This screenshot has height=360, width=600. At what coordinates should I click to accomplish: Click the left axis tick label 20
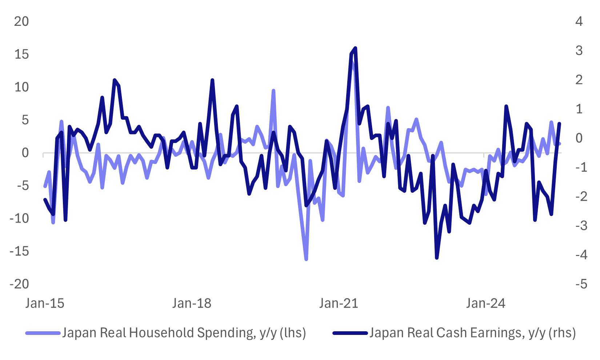click(x=21, y=21)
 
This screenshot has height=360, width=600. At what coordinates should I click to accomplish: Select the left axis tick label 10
click(x=21, y=87)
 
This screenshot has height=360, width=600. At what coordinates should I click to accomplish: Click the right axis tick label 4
click(x=579, y=21)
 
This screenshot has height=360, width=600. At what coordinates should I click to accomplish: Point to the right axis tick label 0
click(x=579, y=138)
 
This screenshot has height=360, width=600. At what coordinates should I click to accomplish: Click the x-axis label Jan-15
click(x=45, y=303)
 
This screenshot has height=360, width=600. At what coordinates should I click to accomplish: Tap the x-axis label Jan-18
click(x=192, y=303)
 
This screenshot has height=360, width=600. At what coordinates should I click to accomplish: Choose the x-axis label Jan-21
click(x=339, y=303)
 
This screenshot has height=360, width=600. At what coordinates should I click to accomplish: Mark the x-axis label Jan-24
click(x=486, y=303)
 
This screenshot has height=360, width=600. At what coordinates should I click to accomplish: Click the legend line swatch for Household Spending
click(x=43, y=333)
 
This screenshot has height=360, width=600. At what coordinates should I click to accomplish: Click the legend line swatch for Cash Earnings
click(x=350, y=333)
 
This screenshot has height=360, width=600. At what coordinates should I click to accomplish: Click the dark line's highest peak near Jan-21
click(x=355, y=48)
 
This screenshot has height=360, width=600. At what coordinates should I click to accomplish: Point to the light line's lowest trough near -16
click(x=306, y=260)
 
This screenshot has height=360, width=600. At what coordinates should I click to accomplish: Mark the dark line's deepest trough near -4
click(x=437, y=258)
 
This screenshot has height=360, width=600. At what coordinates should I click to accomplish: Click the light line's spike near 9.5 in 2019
click(x=273, y=91)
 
